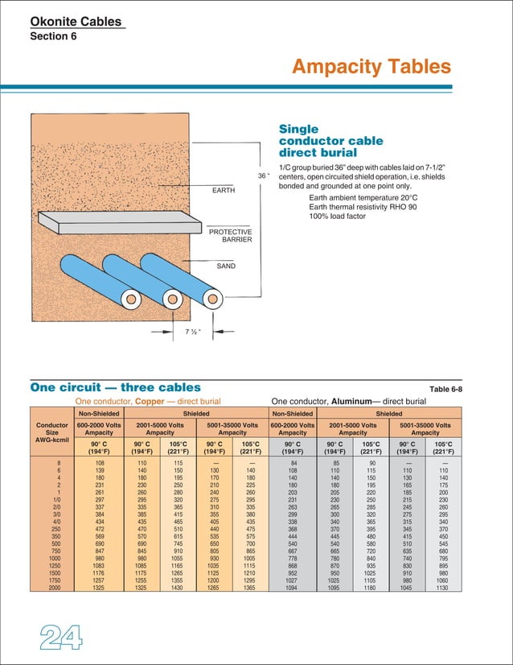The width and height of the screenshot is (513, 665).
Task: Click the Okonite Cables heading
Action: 77,22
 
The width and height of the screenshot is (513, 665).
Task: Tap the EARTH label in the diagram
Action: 224,191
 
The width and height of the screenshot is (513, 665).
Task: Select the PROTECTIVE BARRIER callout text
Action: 231,236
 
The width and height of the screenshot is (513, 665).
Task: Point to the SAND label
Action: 226,265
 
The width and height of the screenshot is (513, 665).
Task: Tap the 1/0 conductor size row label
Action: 55,498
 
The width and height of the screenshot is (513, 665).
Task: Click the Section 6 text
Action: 53,37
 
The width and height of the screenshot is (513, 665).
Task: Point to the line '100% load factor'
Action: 344,217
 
